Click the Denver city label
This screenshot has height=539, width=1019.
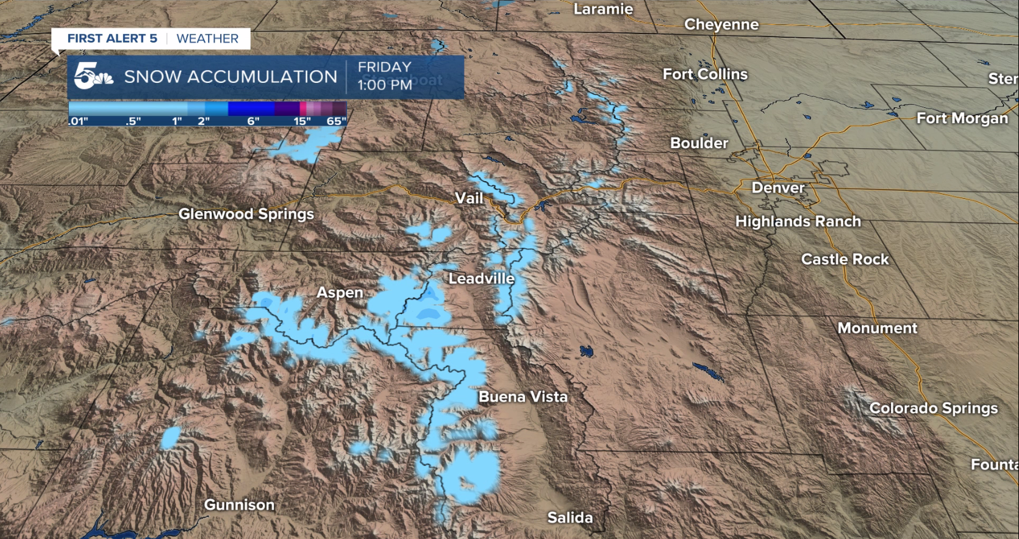pos(778,188)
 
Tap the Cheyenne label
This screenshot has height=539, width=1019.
pos(721,25)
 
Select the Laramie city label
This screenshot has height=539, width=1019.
pos(603,9)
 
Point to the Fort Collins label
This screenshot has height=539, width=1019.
pos(705,74)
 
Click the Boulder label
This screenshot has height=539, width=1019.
pos(699,143)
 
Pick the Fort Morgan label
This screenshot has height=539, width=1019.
pos(962,118)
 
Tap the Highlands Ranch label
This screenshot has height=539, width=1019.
pos(798,221)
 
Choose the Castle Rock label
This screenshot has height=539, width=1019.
pos(845,260)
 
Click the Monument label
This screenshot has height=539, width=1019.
pos(877,328)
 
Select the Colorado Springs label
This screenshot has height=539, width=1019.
pos(933,409)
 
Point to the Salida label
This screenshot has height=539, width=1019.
pos(570,518)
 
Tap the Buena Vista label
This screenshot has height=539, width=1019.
pos(523,397)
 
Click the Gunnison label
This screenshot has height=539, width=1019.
pos(239,505)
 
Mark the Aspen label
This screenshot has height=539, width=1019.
pos(340,293)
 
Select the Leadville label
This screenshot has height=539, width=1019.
pos(481,279)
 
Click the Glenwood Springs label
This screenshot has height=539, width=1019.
pos(246,214)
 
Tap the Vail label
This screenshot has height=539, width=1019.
pos(469,198)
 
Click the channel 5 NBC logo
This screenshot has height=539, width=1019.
pos(93,77)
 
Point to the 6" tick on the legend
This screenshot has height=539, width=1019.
pos(253,121)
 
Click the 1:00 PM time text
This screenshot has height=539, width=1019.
pos(385,85)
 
